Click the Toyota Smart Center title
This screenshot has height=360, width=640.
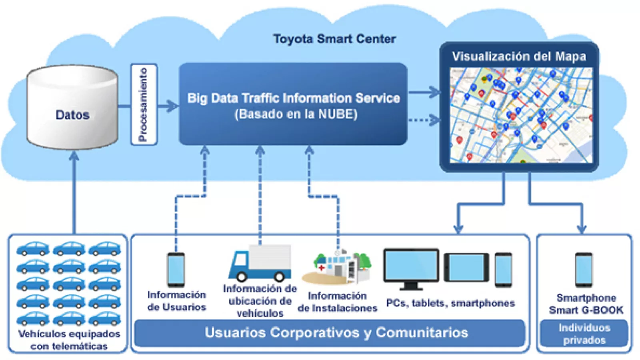(334, 39)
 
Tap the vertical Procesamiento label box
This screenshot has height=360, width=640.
(144, 104)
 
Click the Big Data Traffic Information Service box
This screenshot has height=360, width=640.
(293, 104)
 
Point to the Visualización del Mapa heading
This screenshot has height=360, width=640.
(519, 56)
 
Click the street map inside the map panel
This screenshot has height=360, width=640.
(521, 115)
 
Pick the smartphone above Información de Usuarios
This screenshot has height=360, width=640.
(176, 269)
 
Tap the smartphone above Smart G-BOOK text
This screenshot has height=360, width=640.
(584, 269)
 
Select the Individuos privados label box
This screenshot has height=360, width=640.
(584, 334)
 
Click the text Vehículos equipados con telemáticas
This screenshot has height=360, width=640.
(69, 340)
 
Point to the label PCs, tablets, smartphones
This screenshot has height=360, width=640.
(450, 303)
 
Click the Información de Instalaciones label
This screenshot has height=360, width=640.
(337, 302)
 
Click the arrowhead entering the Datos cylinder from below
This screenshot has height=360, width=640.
(74, 156)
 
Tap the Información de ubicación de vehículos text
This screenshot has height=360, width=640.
(260, 301)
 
